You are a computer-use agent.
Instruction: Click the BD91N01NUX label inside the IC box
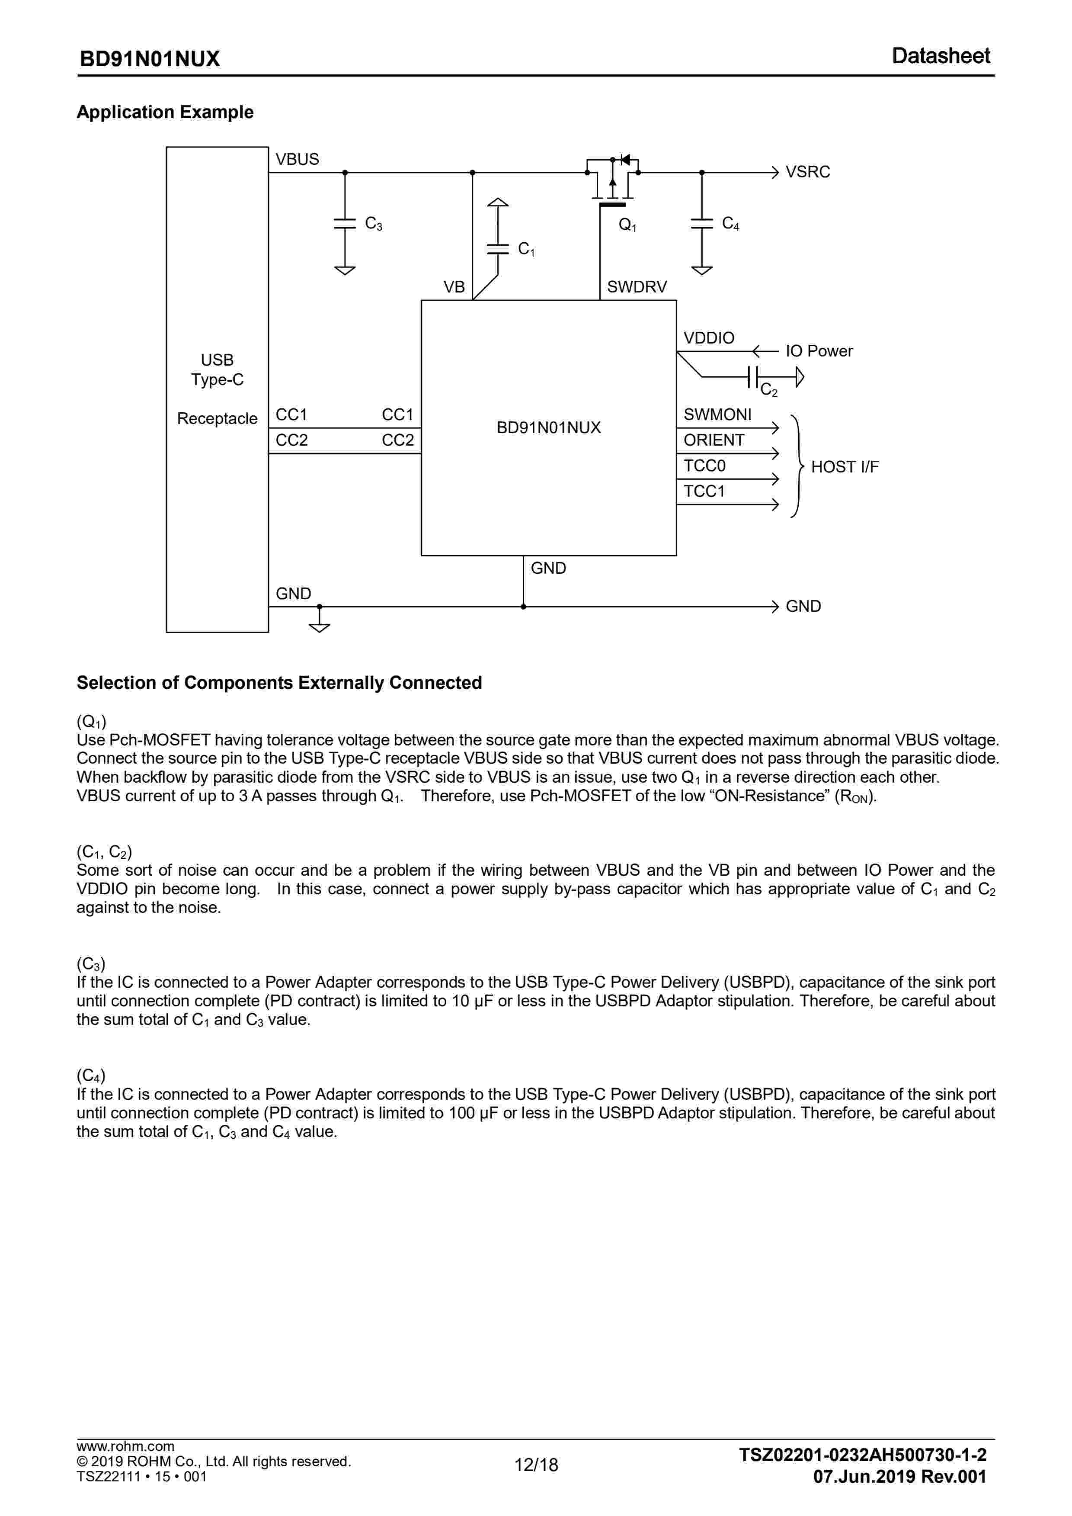[549, 428]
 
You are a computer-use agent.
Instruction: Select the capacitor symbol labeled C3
[345, 223]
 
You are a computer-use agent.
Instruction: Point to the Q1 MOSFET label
[627, 225]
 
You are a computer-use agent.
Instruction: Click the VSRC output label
[807, 172]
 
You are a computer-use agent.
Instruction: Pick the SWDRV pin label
[637, 287]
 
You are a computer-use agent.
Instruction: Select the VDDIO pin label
[708, 338]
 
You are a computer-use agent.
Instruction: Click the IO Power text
[819, 351]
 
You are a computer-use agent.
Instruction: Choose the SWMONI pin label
[717, 414]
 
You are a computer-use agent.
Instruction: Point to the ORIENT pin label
[714, 440]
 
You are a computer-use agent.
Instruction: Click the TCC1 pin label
[704, 491]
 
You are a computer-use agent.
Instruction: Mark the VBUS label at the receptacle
[297, 160]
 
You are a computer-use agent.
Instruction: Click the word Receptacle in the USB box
[217, 419]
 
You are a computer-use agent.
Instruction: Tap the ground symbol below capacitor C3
[345, 270]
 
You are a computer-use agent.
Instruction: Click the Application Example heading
[165, 112]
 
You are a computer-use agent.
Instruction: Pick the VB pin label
[454, 287]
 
